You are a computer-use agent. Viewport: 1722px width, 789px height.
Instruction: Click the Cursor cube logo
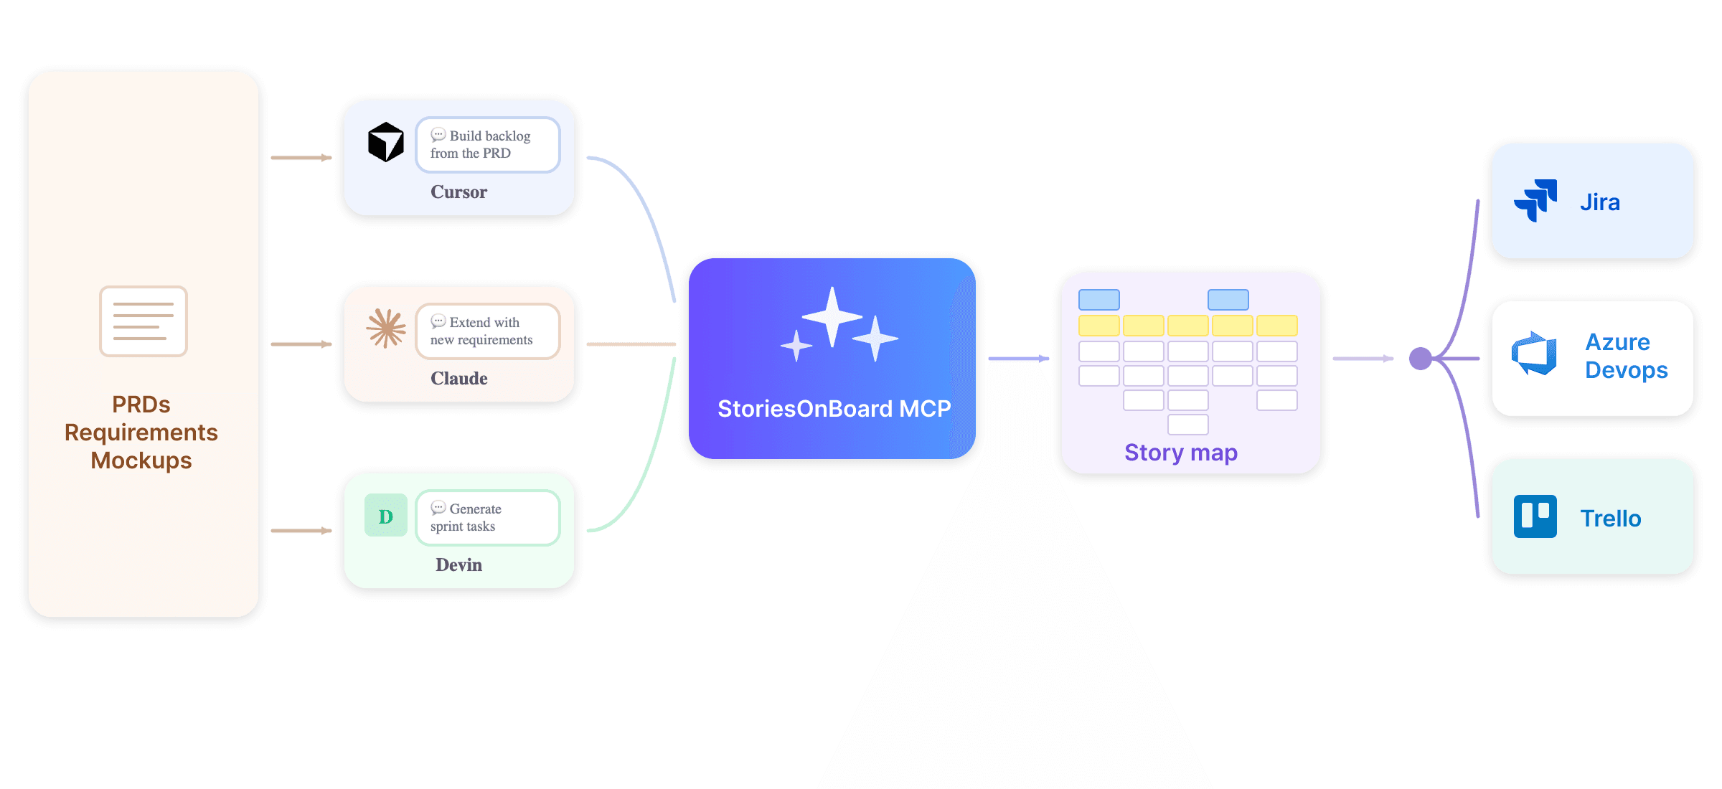(x=386, y=142)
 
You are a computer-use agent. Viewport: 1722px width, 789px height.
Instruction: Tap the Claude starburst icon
(x=386, y=329)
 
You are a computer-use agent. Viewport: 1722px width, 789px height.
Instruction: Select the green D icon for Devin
(x=386, y=516)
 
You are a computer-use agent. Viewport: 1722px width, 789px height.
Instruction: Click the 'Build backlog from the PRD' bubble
(x=488, y=145)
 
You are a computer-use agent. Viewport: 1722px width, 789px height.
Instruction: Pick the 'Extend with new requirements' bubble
(x=488, y=331)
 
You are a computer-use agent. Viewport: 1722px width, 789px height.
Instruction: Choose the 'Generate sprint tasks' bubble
(x=488, y=518)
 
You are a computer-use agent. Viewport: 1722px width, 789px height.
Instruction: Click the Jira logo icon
(x=1535, y=200)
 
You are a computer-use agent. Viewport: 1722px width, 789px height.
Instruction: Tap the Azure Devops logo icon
(x=1535, y=354)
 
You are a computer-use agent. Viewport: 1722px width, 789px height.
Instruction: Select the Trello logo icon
(x=1535, y=516)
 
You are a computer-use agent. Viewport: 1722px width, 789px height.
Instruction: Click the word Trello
(x=1611, y=519)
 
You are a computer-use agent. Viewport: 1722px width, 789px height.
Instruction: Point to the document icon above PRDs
(x=143, y=321)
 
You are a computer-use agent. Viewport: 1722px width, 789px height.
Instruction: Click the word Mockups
(x=141, y=460)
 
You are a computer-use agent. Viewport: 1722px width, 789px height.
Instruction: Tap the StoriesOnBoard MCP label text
(x=834, y=409)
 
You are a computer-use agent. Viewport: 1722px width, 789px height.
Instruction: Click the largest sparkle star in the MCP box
(x=832, y=316)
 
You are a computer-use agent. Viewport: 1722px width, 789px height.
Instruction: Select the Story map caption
(x=1181, y=453)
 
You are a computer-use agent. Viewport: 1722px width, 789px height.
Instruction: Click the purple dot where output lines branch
(x=1421, y=359)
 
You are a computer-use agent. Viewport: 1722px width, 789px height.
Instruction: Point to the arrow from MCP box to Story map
(x=1019, y=359)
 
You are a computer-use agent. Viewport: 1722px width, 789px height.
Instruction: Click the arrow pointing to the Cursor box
(x=301, y=158)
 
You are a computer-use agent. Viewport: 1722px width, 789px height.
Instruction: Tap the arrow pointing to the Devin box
(x=301, y=531)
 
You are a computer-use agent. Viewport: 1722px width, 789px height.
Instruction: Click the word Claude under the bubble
(x=459, y=379)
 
